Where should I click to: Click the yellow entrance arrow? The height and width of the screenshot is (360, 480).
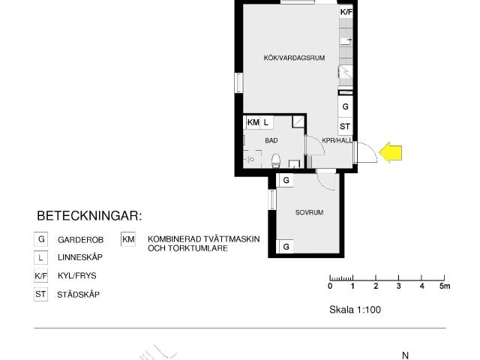390,152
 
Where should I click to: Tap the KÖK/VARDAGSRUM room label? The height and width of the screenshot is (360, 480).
294,58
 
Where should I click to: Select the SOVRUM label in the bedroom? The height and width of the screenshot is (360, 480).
309,212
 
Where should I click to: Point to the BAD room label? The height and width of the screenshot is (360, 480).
271,140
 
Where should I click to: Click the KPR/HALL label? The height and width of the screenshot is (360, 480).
337,140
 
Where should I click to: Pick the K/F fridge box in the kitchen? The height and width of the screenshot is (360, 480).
346,12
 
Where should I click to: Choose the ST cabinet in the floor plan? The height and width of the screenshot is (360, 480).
345,126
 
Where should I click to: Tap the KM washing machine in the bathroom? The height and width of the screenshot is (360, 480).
253,122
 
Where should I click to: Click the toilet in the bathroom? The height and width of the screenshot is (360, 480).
276,160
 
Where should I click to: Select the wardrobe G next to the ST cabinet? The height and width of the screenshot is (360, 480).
345,106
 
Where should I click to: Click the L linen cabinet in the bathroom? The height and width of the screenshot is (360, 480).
266,122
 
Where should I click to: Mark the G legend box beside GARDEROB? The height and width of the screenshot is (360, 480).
41,239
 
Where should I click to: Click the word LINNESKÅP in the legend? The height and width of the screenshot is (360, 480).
80,257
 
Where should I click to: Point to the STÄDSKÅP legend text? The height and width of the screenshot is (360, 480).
78,295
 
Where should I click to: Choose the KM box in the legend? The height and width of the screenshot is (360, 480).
128,239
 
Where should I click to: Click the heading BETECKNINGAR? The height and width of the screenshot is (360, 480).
90,216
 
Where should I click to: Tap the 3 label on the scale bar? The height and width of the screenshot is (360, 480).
398,286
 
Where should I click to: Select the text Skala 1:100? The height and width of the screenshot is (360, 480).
355,310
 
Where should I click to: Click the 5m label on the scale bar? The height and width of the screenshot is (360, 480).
445,286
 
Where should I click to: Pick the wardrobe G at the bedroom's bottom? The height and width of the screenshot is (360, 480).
286,247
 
